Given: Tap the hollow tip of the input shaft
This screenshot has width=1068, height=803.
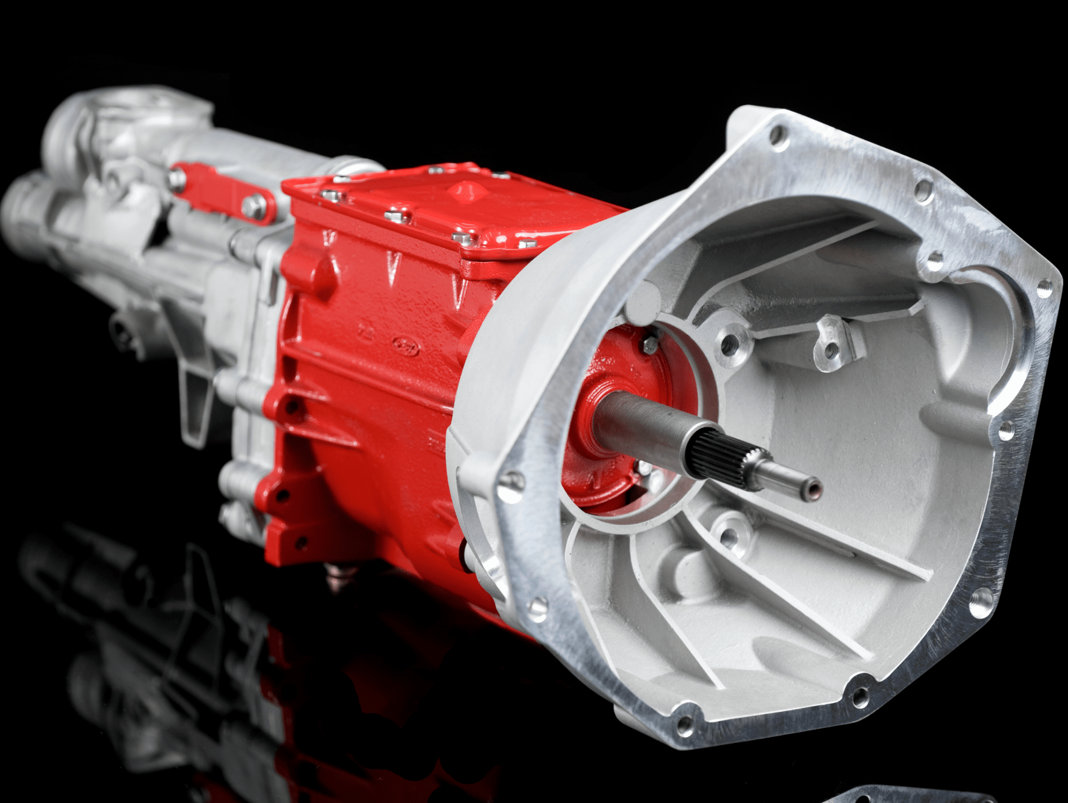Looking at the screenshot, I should [x=815, y=489].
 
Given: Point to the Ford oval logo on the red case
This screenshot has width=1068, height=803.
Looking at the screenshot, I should [x=406, y=346].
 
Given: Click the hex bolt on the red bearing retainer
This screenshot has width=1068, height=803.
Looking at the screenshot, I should [x=650, y=345].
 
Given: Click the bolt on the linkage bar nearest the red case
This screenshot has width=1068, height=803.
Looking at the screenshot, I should [x=254, y=206].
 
